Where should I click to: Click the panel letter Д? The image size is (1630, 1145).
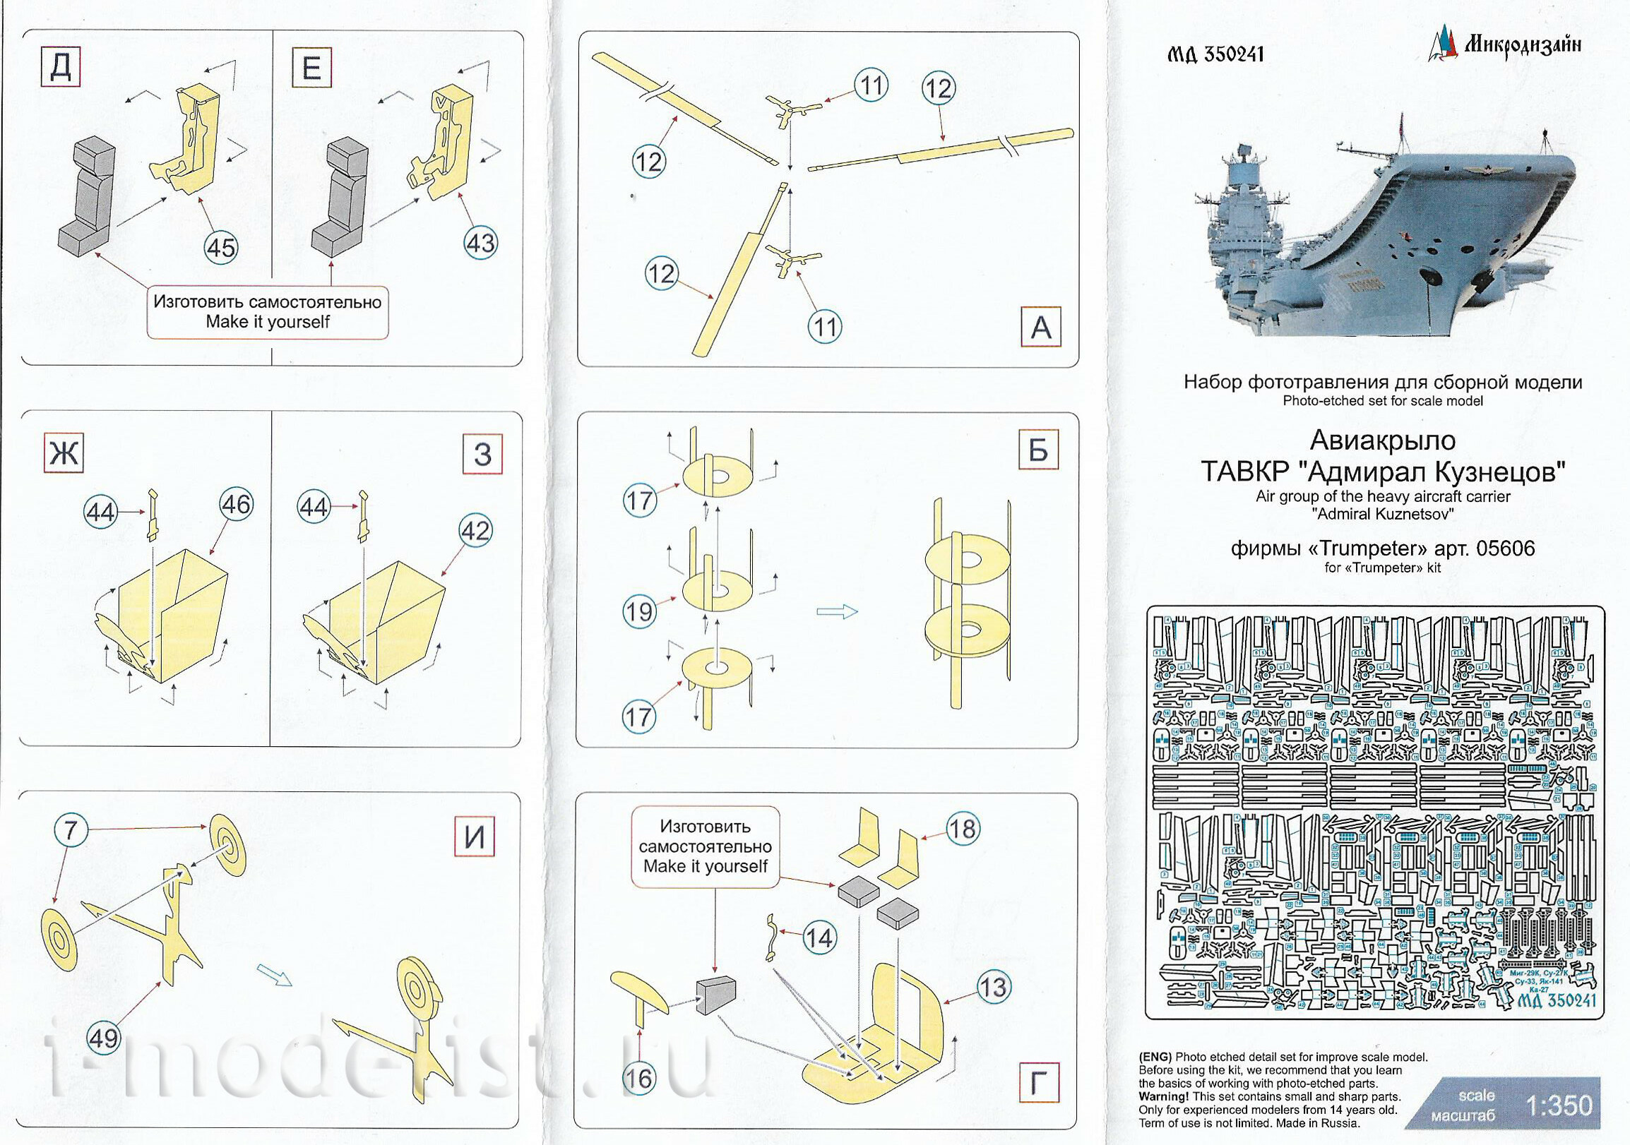click(60, 67)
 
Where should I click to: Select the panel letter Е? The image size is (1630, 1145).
click(311, 68)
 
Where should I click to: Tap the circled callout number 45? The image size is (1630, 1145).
click(221, 248)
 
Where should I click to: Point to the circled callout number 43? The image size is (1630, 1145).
click(480, 244)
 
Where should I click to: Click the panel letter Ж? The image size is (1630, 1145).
click(64, 452)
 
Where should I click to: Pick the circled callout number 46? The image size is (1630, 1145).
click(236, 505)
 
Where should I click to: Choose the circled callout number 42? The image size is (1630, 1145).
click(475, 531)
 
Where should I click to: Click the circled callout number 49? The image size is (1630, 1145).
click(104, 1038)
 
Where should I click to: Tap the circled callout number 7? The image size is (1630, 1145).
click(71, 829)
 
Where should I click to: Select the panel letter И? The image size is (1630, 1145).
click(474, 837)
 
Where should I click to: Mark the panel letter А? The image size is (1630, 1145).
click(1041, 327)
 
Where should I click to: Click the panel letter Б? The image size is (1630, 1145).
click(1038, 450)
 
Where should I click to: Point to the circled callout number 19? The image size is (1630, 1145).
click(639, 611)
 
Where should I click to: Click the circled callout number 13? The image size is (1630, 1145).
click(992, 987)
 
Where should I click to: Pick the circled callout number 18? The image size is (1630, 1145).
click(962, 829)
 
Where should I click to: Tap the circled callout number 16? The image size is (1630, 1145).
click(638, 1079)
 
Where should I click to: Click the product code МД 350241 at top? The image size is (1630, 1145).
click(1215, 54)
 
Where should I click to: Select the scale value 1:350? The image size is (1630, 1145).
click(1559, 1105)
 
